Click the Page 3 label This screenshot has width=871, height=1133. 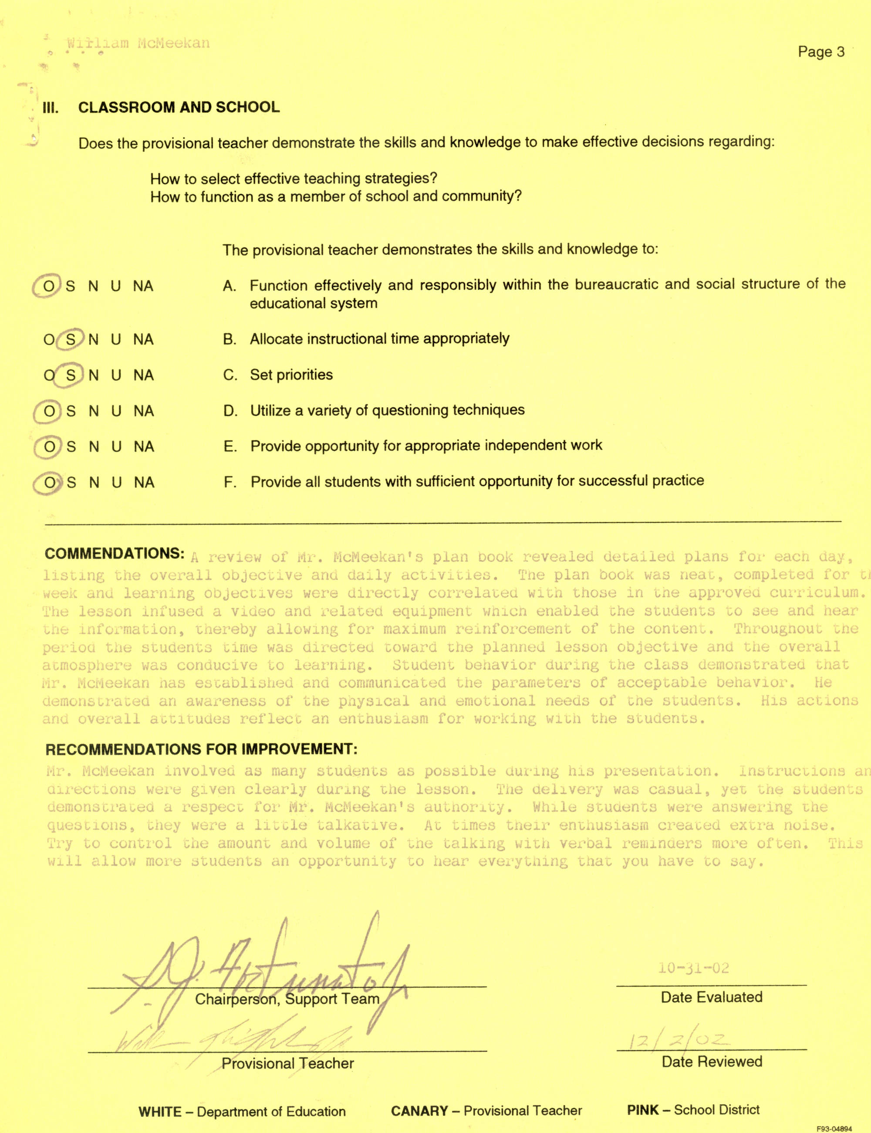(821, 52)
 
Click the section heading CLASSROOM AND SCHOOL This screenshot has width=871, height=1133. (179, 107)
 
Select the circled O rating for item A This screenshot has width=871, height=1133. (48, 286)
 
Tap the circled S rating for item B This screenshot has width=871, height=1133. (71, 340)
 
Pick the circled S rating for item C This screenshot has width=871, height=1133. (71, 375)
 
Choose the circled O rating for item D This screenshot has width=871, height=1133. (49, 412)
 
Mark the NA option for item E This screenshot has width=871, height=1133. (144, 447)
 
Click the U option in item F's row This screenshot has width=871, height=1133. (117, 483)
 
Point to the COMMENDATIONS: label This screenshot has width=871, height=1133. (114, 554)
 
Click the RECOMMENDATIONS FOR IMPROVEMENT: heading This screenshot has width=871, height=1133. (201, 749)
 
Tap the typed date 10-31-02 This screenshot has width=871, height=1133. (693, 968)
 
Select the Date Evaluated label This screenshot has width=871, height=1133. (711, 997)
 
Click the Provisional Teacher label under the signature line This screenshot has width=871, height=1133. (287, 1063)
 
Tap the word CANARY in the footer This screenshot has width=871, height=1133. (419, 1111)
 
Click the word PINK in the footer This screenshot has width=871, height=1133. (642, 1109)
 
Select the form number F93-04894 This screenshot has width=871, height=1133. (834, 1128)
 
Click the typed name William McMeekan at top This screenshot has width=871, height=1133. (138, 43)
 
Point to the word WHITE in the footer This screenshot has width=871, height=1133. (160, 1112)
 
